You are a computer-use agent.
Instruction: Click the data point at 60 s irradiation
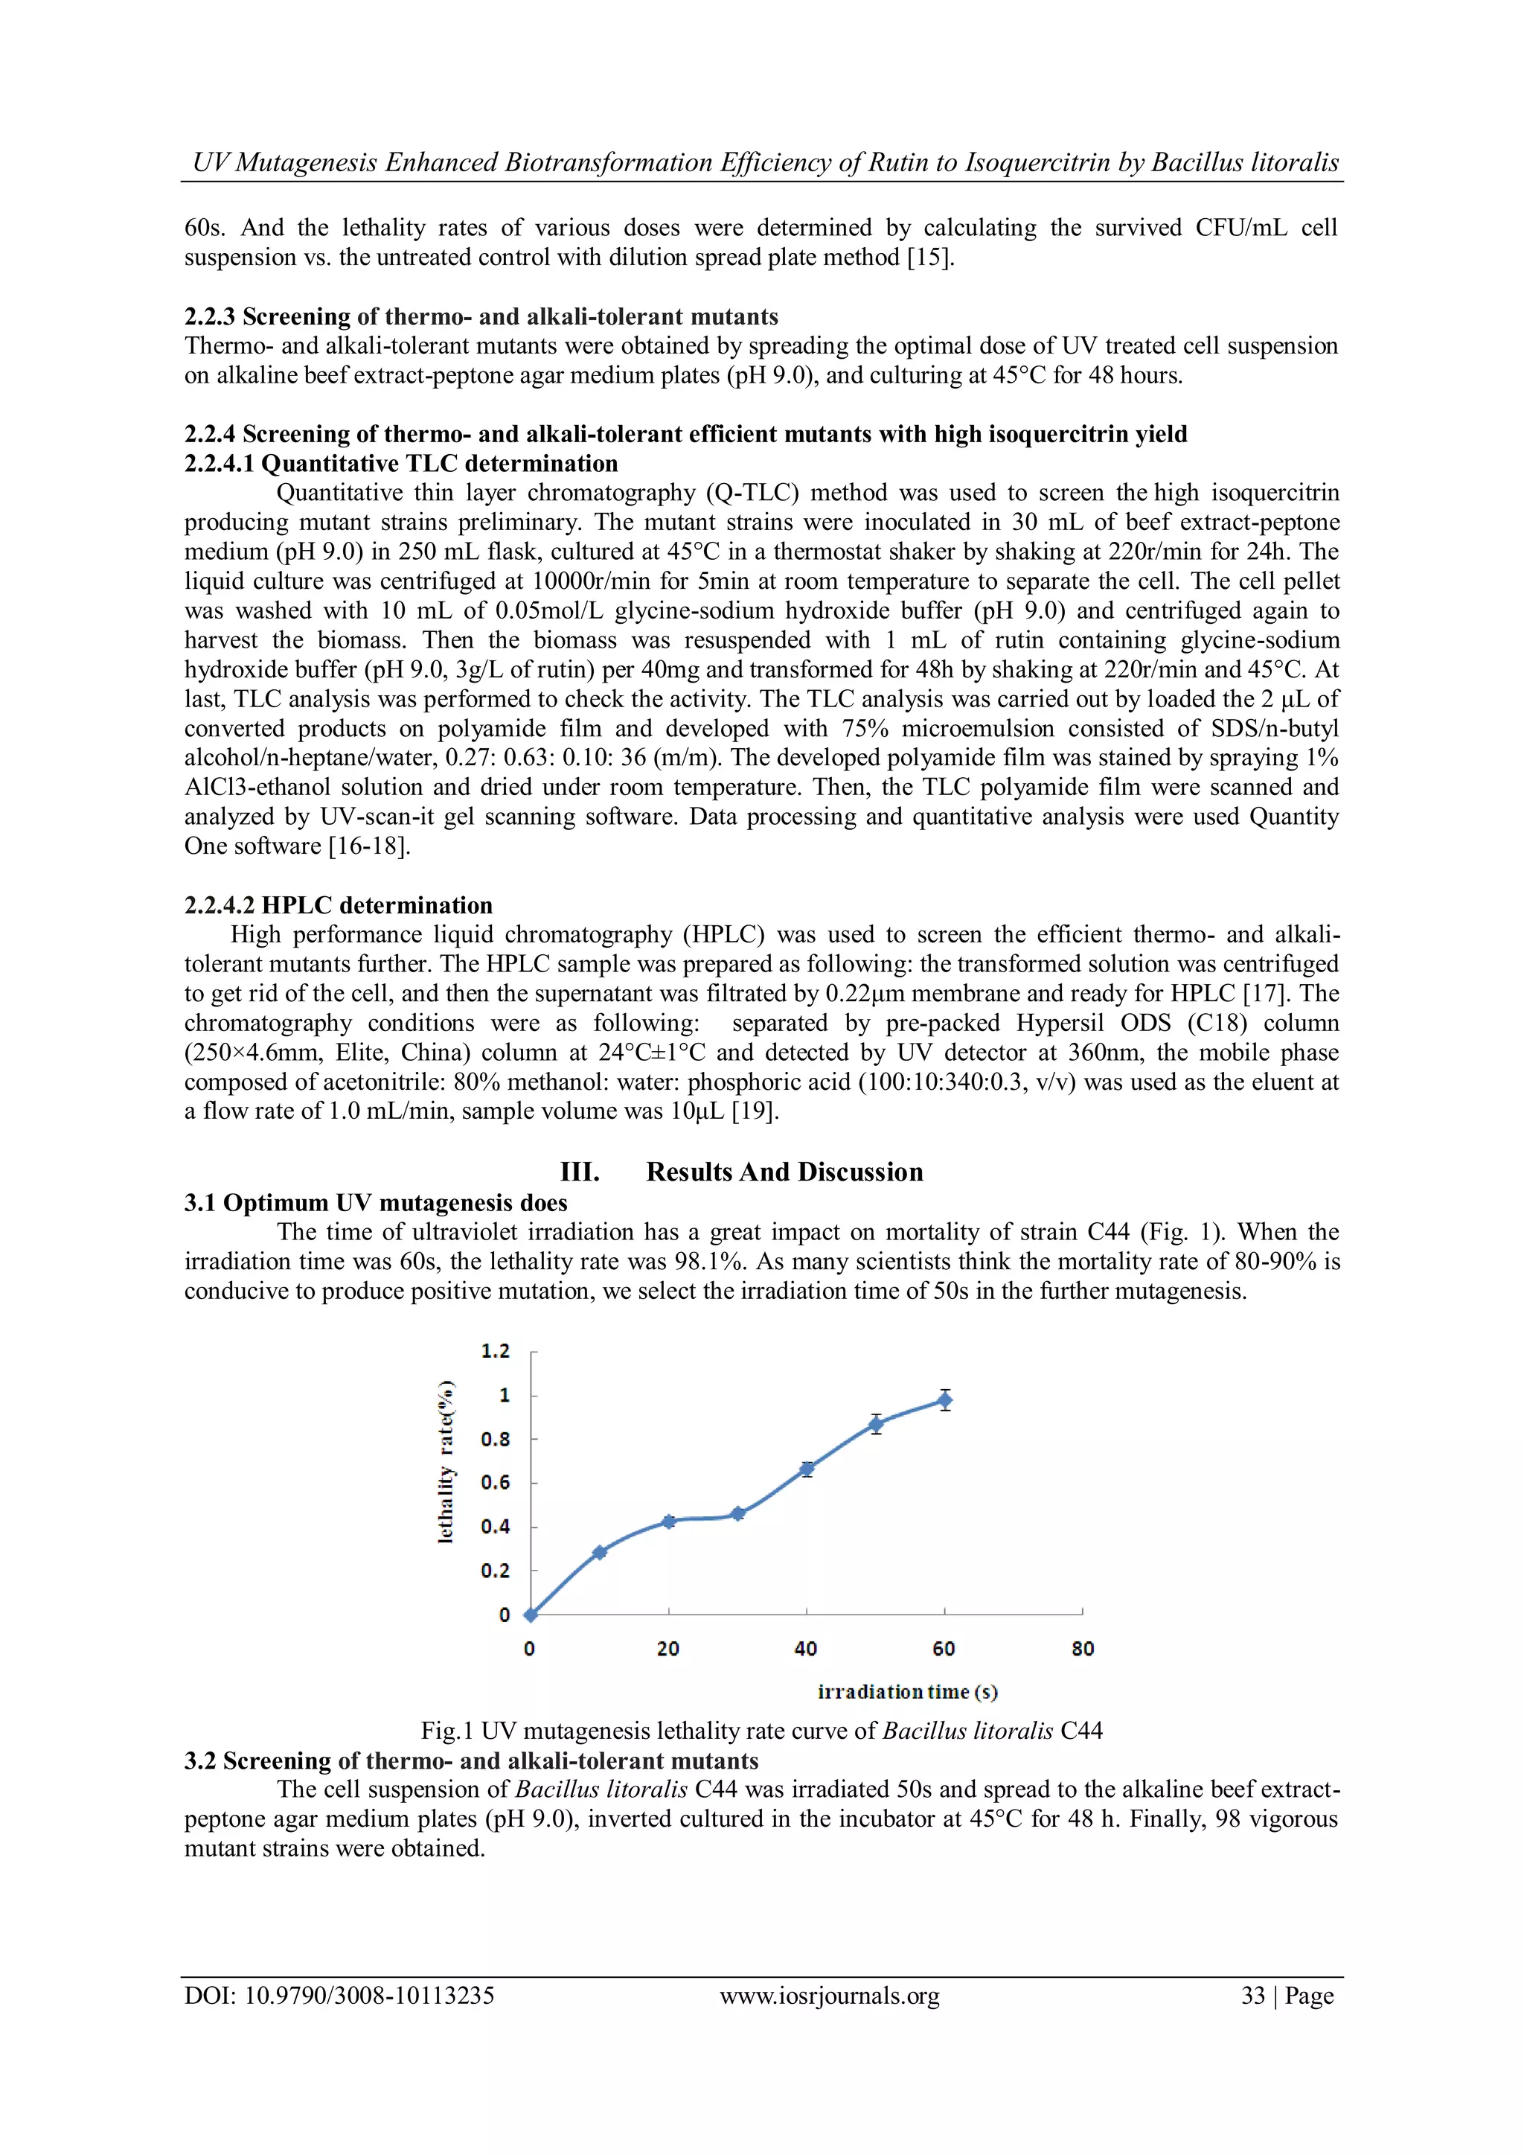pos(944,1400)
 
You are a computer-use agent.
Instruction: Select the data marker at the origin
pos(531,1615)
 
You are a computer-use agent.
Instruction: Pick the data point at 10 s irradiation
pos(600,1553)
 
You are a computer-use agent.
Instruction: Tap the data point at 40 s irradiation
pos(806,1469)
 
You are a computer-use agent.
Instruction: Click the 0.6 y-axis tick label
pos(496,1483)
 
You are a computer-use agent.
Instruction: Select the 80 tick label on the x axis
pos(1082,1649)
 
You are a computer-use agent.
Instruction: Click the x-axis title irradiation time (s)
pos(907,1691)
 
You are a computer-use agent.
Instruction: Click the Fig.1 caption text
pos(761,1731)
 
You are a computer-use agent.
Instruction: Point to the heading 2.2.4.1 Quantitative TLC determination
pos(400,464)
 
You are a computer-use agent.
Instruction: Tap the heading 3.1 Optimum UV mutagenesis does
pos(375,1203)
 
